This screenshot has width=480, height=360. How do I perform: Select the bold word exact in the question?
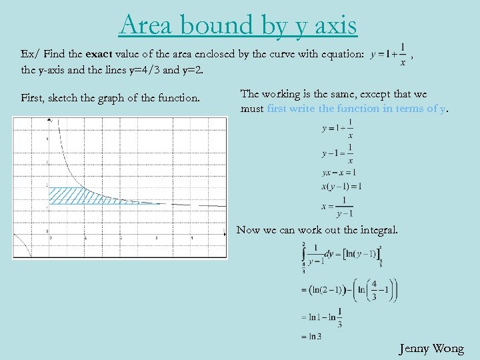tap(100, 54)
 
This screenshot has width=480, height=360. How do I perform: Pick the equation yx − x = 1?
tap(338, 173)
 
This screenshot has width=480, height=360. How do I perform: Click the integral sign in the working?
tap(304, 257)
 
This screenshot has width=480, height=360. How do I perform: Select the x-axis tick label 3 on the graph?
tap(156, 237)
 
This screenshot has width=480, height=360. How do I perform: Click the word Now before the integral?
tap(248, 230)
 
